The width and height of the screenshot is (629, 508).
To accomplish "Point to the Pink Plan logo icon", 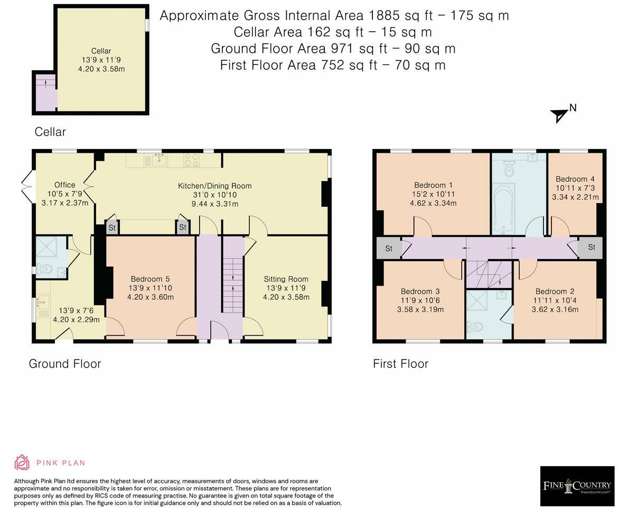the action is pyautogui.click(x=22, y=462).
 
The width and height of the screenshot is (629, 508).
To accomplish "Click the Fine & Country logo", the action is pyautogui.click(x=577, y=486).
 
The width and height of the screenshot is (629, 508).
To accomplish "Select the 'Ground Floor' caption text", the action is pyautogui.click(x=65, y=364).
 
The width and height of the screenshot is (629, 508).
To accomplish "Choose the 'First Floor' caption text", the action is pyautogui.click(x=401, y=364).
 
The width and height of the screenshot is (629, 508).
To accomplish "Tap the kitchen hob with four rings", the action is pyautogui.click(x=192, y=160).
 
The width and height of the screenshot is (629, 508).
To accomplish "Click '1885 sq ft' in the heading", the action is pyautogui.click(x=400, y=16).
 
